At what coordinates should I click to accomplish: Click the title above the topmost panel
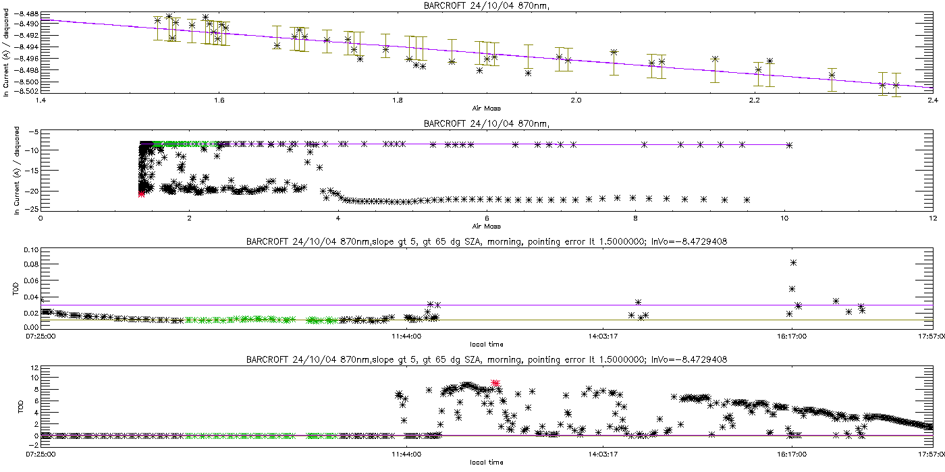tap(486, 6)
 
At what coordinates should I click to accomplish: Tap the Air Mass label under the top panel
tap(486, 108)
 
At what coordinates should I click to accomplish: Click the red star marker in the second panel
tap(141, 194)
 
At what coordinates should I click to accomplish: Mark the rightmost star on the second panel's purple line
tap(789, 145)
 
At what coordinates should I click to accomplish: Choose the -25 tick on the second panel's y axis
tap(30, 209)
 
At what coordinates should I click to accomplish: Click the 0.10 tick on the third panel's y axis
tap(29, 250)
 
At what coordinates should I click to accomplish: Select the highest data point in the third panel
tap(794, 262)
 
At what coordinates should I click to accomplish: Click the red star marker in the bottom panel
tap(495, 383)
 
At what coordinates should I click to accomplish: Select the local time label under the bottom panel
tap(486, 463)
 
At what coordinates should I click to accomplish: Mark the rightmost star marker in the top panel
tap(896, 85)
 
